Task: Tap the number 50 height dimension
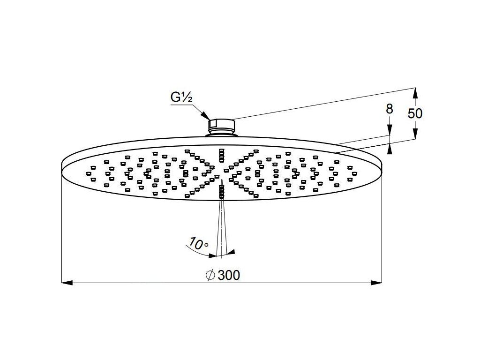414,113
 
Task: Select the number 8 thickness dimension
389,109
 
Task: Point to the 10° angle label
198,244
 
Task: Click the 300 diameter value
229,275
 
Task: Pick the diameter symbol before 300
210,275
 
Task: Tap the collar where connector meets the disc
221,135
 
